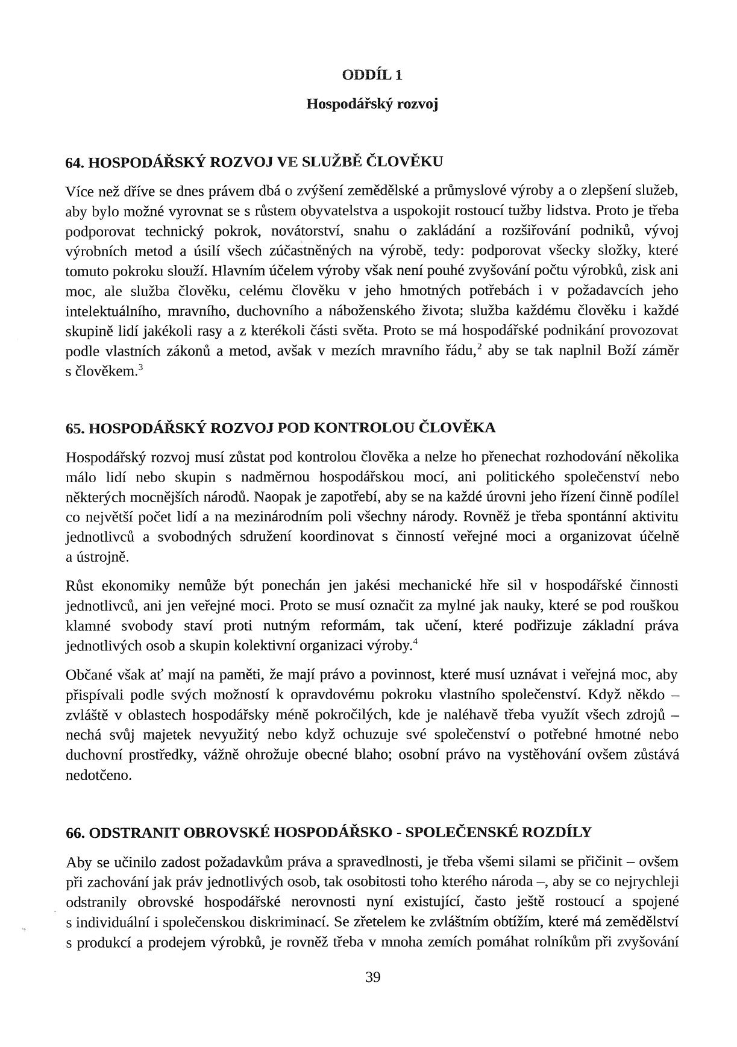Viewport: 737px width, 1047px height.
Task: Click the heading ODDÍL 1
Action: [x=372, y=75]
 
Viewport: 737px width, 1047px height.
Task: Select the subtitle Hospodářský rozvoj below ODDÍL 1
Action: [x=372, y=104]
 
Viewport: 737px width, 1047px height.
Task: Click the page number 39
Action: [x=373, y=977]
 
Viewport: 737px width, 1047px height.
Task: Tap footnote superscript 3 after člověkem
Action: [x=140, y=366]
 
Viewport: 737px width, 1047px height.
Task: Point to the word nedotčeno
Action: [x=98, y=775]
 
